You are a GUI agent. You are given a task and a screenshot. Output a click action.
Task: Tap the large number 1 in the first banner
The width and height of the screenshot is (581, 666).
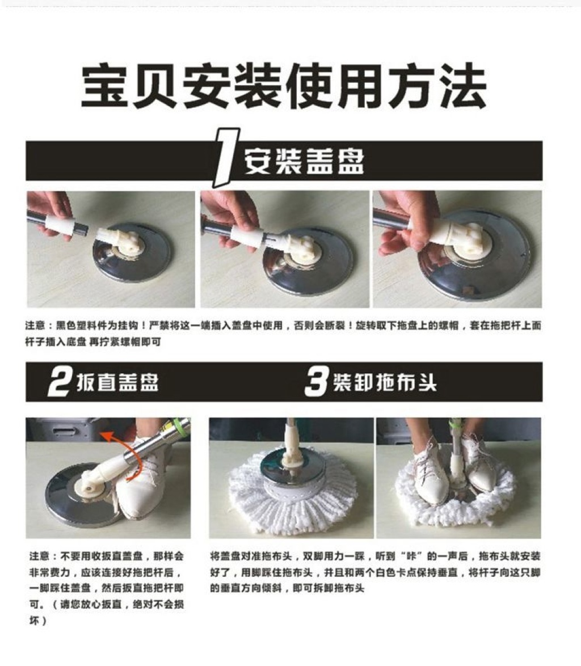(x=225, y=158)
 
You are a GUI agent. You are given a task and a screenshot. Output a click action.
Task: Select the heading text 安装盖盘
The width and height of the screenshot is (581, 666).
(x=304, y=162)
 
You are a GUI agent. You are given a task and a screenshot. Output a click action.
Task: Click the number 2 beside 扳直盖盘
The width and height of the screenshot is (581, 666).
(x=58, y=381)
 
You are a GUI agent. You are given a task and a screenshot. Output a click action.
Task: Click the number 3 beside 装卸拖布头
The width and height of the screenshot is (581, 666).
(x=317, y=381)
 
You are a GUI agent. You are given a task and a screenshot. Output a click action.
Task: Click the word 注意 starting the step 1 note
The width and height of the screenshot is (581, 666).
(x=35, y=326)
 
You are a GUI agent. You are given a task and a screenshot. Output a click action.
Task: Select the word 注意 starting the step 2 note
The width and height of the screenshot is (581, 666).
(x=40, y=556)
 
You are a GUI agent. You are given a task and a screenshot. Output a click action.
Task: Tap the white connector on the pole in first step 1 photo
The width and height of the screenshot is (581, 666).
(x=60, y=224)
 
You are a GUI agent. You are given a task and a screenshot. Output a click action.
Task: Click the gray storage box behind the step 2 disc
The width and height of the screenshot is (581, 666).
(x=64, y=429)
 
